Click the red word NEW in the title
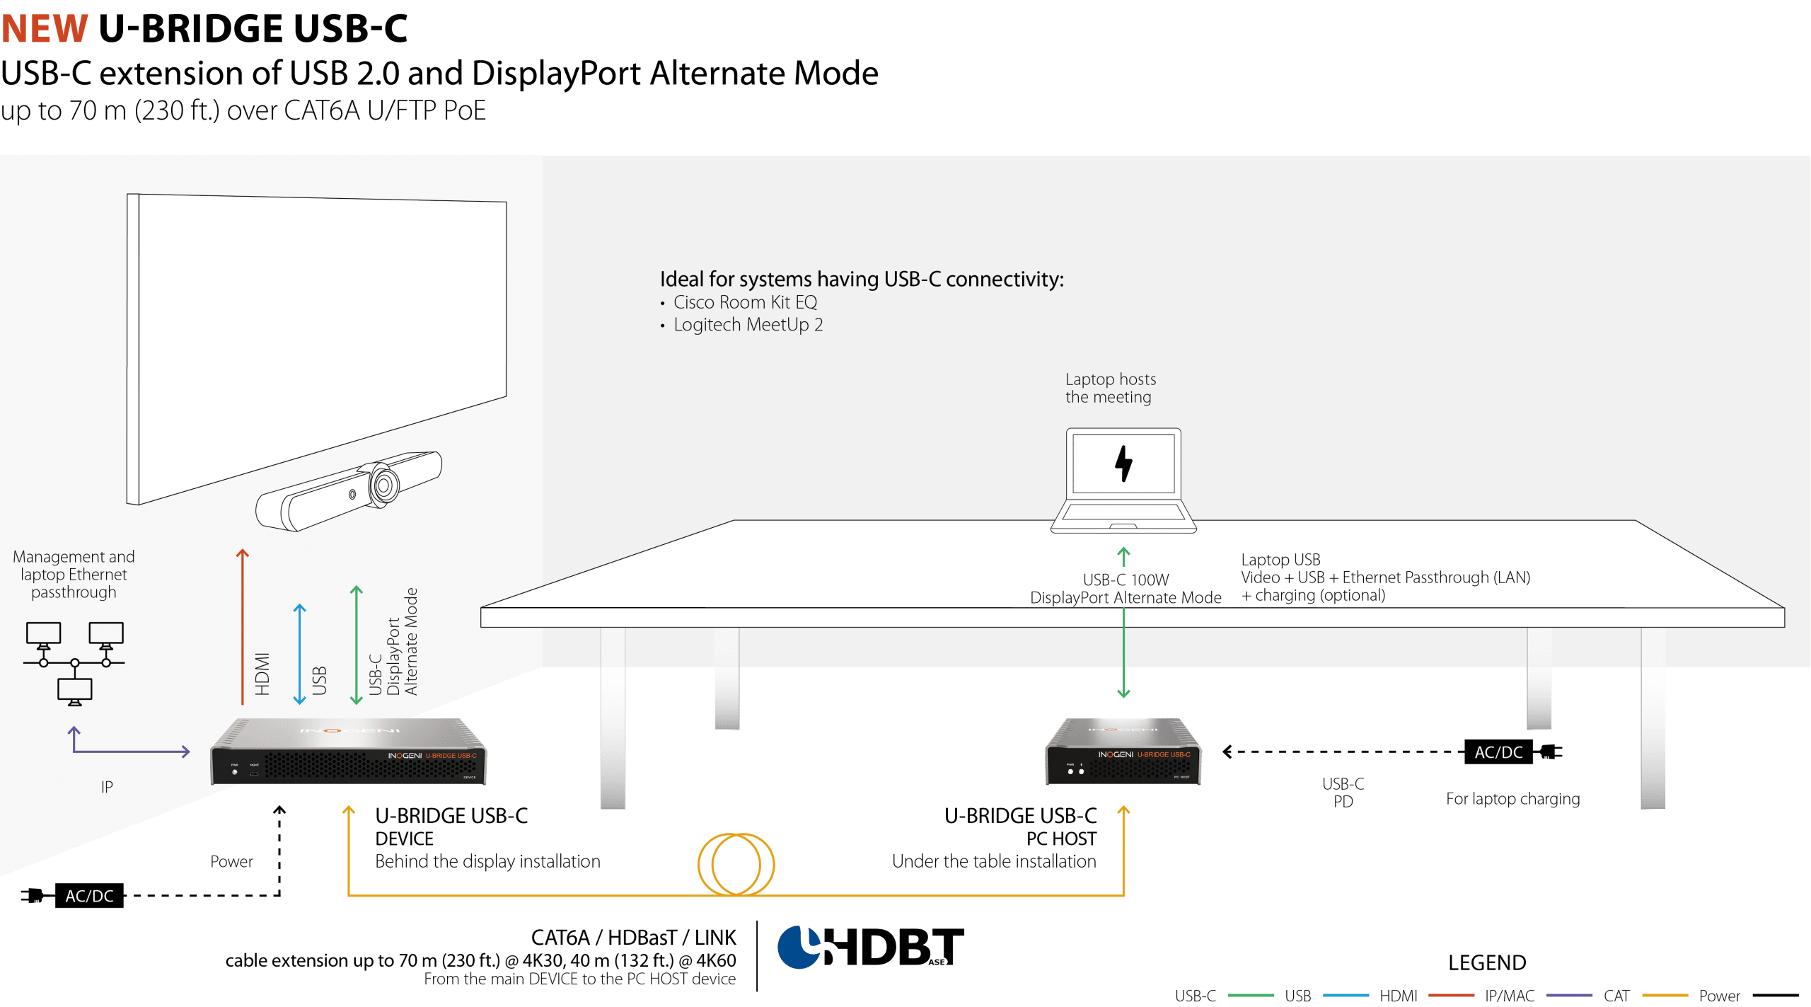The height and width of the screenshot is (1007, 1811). tap(45, 28)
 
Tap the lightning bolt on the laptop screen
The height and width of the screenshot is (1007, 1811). tap(1123, 464)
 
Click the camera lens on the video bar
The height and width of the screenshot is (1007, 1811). tap(384, 485)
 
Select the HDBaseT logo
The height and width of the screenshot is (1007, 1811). tap(871, 947)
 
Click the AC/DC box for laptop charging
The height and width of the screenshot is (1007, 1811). tap(1498, 752)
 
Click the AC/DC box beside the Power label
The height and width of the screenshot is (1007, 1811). tap(89, 895)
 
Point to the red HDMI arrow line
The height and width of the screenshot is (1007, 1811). tap(243, 626)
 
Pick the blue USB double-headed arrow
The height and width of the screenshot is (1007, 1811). tap(300, 654)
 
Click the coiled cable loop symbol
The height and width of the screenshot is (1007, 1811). tap(736, 864)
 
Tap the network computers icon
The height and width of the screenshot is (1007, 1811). tap(74, 664)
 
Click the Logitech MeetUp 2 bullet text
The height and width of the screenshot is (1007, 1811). tap(748, 325)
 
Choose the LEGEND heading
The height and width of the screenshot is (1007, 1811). tap(1487, 962)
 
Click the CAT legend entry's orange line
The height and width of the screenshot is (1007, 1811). tap(1665, 996)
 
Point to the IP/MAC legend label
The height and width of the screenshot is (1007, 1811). tap(1510, 996)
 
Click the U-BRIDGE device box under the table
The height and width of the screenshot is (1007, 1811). tap(1123, 752)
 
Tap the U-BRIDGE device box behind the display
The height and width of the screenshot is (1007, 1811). tap(348, 752)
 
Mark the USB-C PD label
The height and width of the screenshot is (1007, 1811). tap(1343, 793)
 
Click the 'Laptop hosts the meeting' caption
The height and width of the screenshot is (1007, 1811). tap(1111, 388)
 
